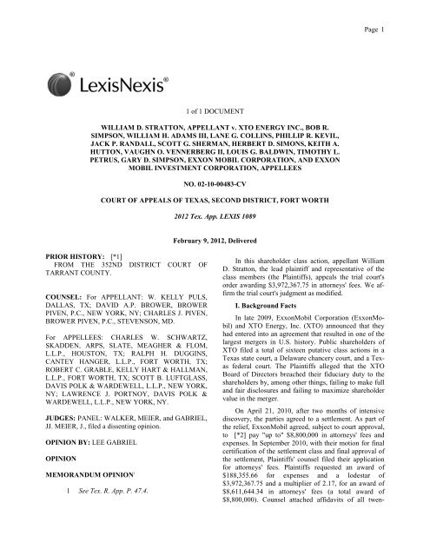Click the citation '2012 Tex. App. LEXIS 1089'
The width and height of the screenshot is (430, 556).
pyautogui.click(x=215, y=238)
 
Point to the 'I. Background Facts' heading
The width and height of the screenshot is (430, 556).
pyautogui.click(x=280, y=357)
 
